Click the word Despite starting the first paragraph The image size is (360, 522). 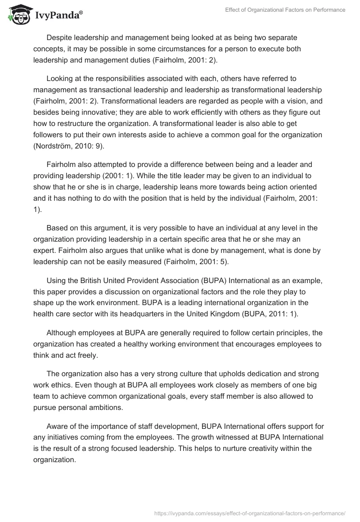[59, 37]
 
